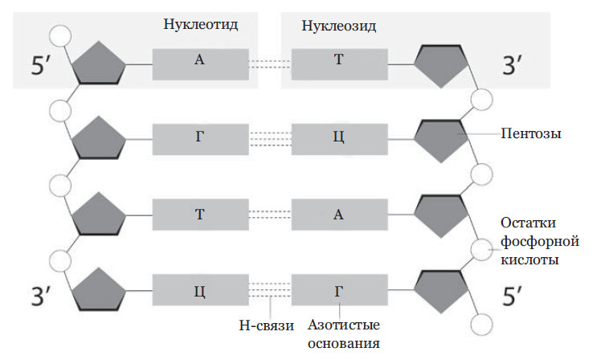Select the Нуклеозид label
pos(339,26)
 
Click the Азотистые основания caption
pos(344,334)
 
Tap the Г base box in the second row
pos(198,139)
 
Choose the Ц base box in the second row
pos(338,139)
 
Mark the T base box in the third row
pos(198,214)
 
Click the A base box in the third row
pos(338,214)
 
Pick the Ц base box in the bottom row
pos(198,289)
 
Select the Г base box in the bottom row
pos(338,289)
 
